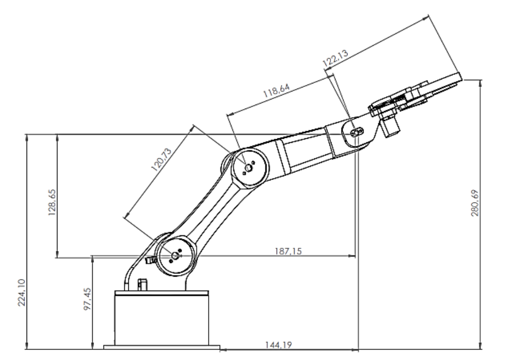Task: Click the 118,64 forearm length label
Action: pyautogui.click(x=276, y=91)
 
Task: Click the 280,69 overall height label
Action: pyautogui.click(x=474, y=201)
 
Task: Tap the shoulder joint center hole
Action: pyautogui.click(x=175, y=256)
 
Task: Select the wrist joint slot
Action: pyautogui.click(x=356, y=132)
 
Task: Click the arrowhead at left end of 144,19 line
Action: pyautogui.click(x=223, y=348)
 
